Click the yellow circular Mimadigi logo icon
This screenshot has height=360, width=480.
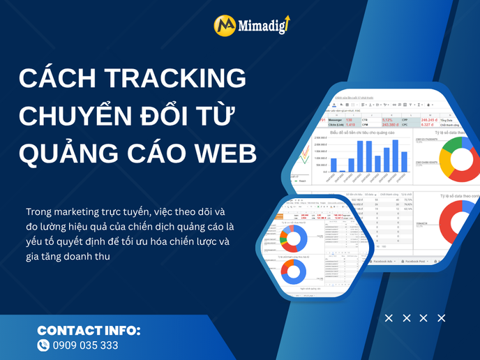tap(224, 27)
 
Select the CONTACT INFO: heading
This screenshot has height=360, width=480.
tap(89, 330)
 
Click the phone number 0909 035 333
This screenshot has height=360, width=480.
tap(86, 345)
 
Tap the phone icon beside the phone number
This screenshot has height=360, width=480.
tap(44, 345)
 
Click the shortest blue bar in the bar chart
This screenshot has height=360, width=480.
tap(343, 170)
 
